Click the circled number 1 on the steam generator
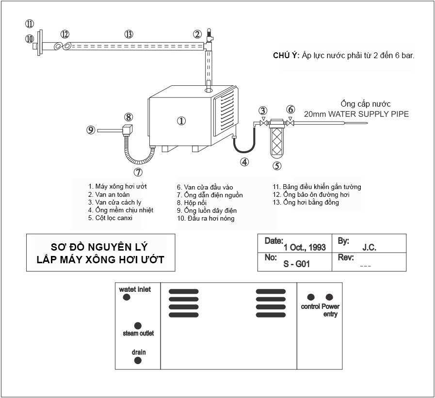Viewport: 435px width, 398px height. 181,121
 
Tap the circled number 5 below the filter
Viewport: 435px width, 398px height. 277,166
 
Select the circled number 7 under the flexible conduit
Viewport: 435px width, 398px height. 138,172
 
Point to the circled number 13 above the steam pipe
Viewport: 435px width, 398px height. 129,34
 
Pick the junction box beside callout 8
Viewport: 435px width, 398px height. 129,130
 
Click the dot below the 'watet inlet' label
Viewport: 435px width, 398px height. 127,297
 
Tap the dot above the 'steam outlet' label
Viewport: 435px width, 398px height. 138,325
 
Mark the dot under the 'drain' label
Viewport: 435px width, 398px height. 138,361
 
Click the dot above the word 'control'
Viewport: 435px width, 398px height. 311,297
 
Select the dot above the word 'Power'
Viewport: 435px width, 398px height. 329,297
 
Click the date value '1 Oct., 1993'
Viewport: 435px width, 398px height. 305,247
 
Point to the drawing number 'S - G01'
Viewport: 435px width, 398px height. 296,264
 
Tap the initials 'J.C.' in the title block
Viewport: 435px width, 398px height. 369,247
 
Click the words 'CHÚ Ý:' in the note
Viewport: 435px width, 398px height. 286,56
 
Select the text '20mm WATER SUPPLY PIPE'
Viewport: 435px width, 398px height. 356,114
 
